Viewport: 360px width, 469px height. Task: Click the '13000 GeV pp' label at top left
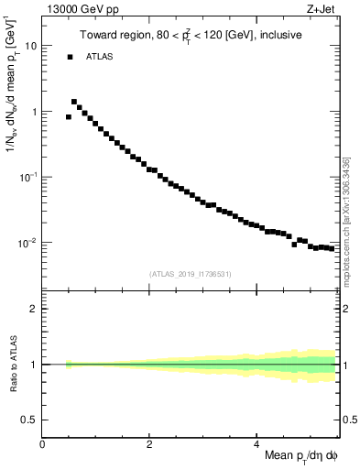82,9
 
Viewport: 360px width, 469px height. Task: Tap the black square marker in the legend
70,57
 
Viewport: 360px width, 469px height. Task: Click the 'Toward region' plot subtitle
190,36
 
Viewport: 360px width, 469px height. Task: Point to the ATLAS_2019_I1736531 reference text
190,274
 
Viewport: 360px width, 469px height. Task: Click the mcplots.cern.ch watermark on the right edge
346,220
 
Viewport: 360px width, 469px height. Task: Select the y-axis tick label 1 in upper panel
34,112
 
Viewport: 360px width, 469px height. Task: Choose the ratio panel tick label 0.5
30,420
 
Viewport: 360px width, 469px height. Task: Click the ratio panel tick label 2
34,309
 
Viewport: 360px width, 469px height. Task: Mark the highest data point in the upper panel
74,102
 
